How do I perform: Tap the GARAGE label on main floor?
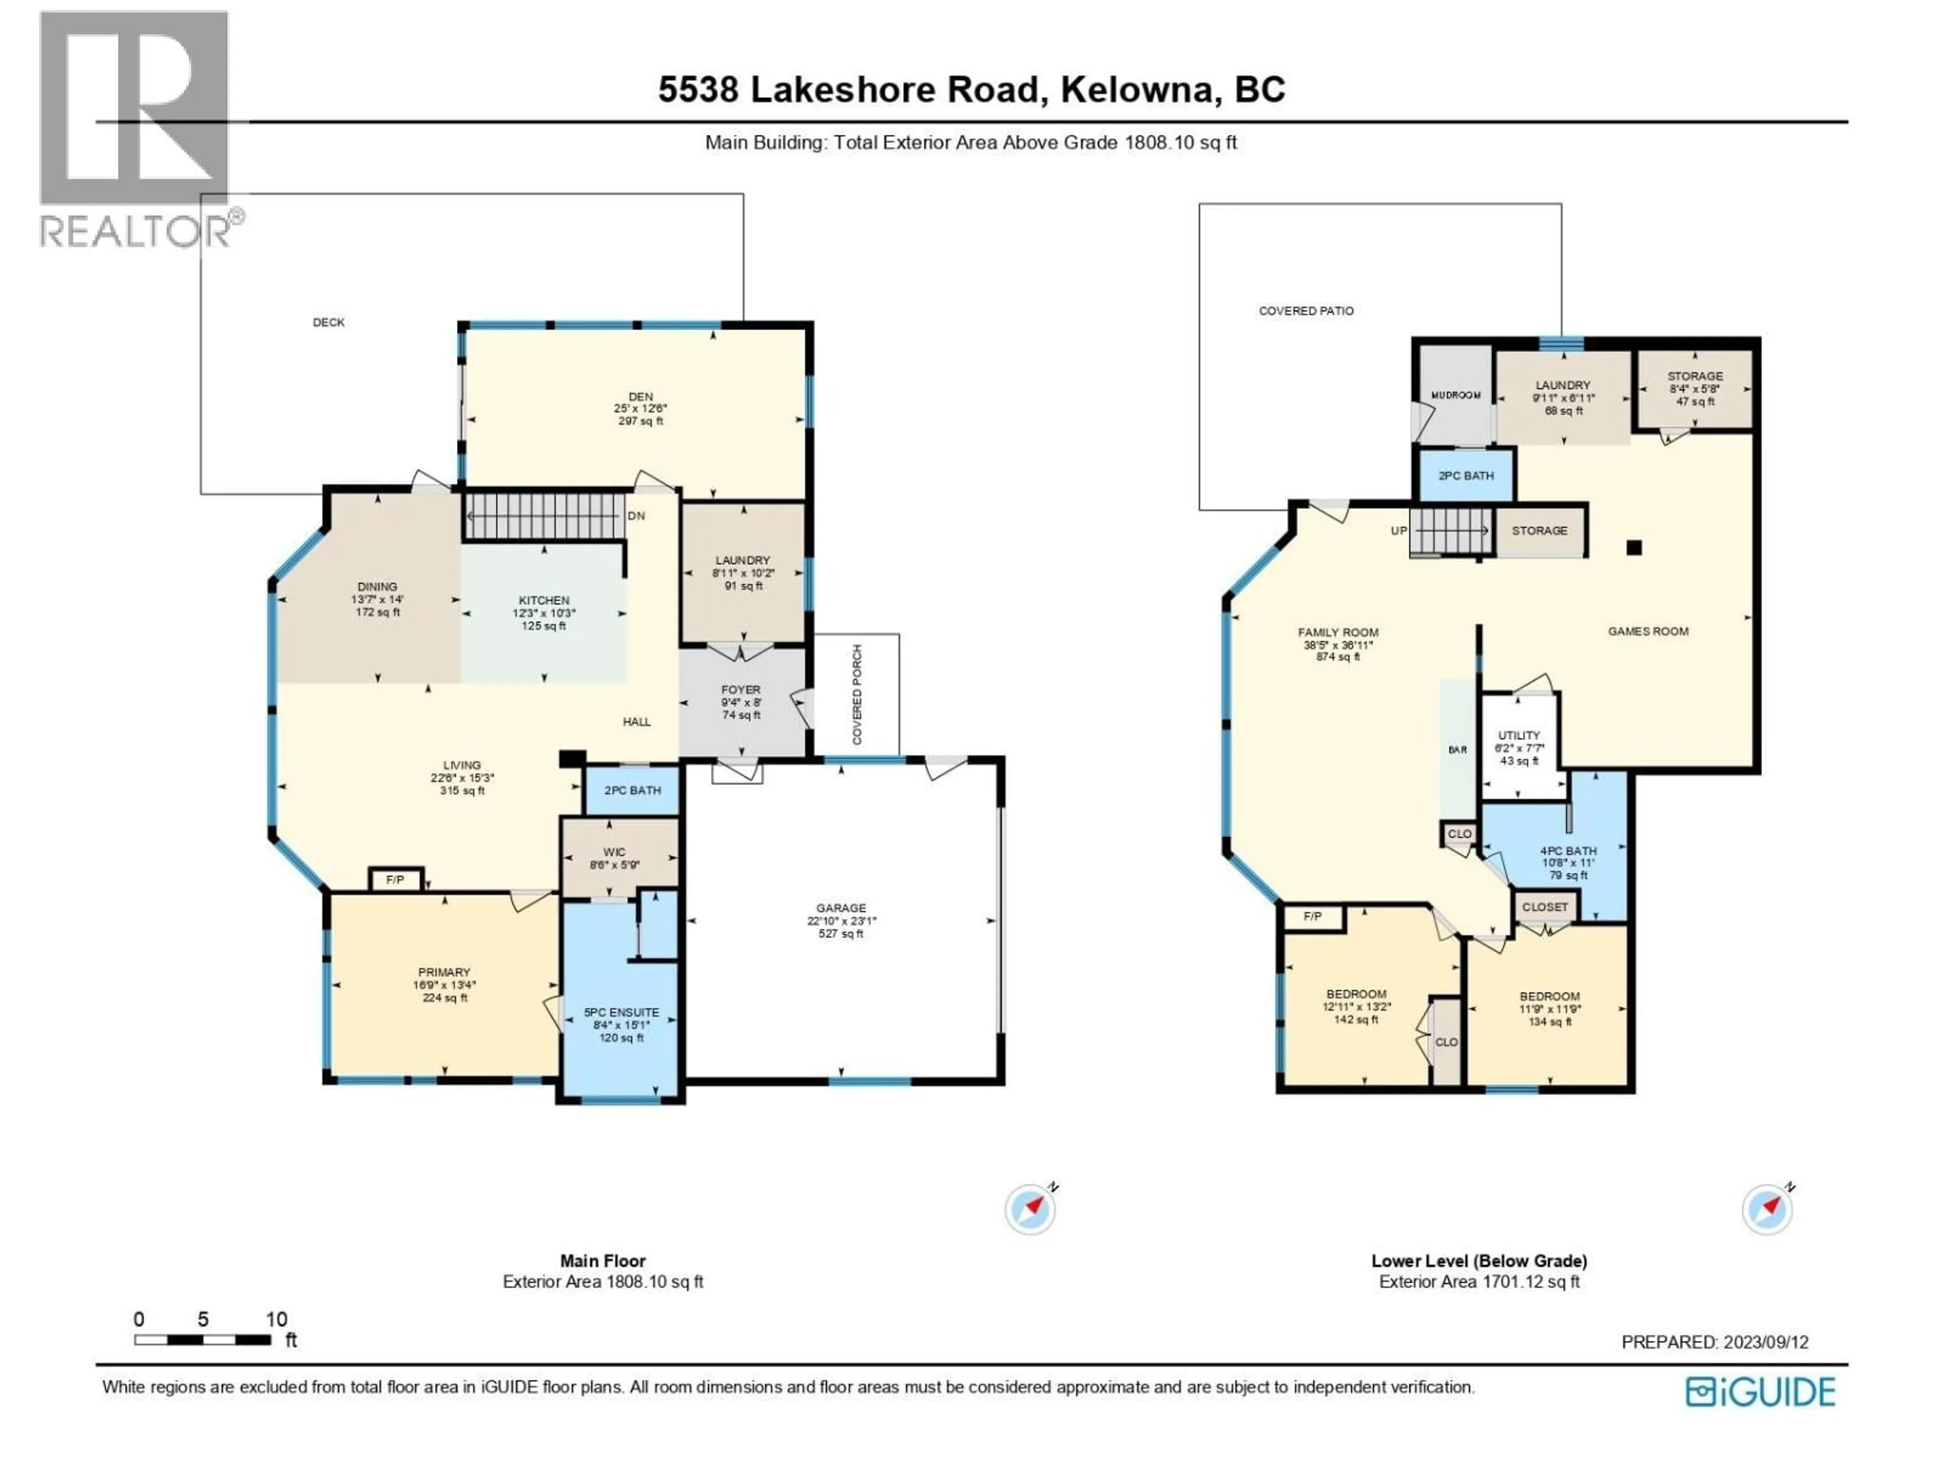[x=841, y=908]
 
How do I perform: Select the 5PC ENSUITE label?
[x=621, y=1012]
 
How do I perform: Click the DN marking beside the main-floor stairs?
[x=636, y=516]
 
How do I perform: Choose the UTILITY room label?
[x=1519, y=735]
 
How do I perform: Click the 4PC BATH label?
[x=1568, y=851]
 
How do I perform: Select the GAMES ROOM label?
[x=1648, y=631]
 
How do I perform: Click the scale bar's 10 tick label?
[x=276, y=1319]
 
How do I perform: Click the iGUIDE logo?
[x=1760, y=1392]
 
